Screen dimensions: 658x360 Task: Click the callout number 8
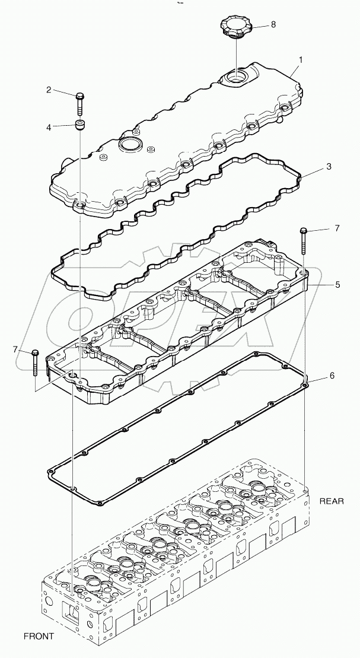(273, 25)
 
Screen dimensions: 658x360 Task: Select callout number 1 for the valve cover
(301, 60)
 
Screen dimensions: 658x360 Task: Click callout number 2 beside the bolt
(49, 90)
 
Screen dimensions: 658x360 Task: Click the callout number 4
(49, 126)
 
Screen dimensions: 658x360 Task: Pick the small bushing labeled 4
(79, 125)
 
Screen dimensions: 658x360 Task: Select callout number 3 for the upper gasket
(329, 167)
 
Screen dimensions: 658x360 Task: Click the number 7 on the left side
(16, 349)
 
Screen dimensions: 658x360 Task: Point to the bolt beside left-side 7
(35, 362)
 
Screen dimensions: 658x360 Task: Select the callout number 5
(337, 284)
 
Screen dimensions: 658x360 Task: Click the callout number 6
(332, 376)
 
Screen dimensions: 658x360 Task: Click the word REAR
(332, 501)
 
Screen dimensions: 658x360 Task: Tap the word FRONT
(39, 636)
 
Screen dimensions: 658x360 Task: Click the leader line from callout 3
(313, 171)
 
